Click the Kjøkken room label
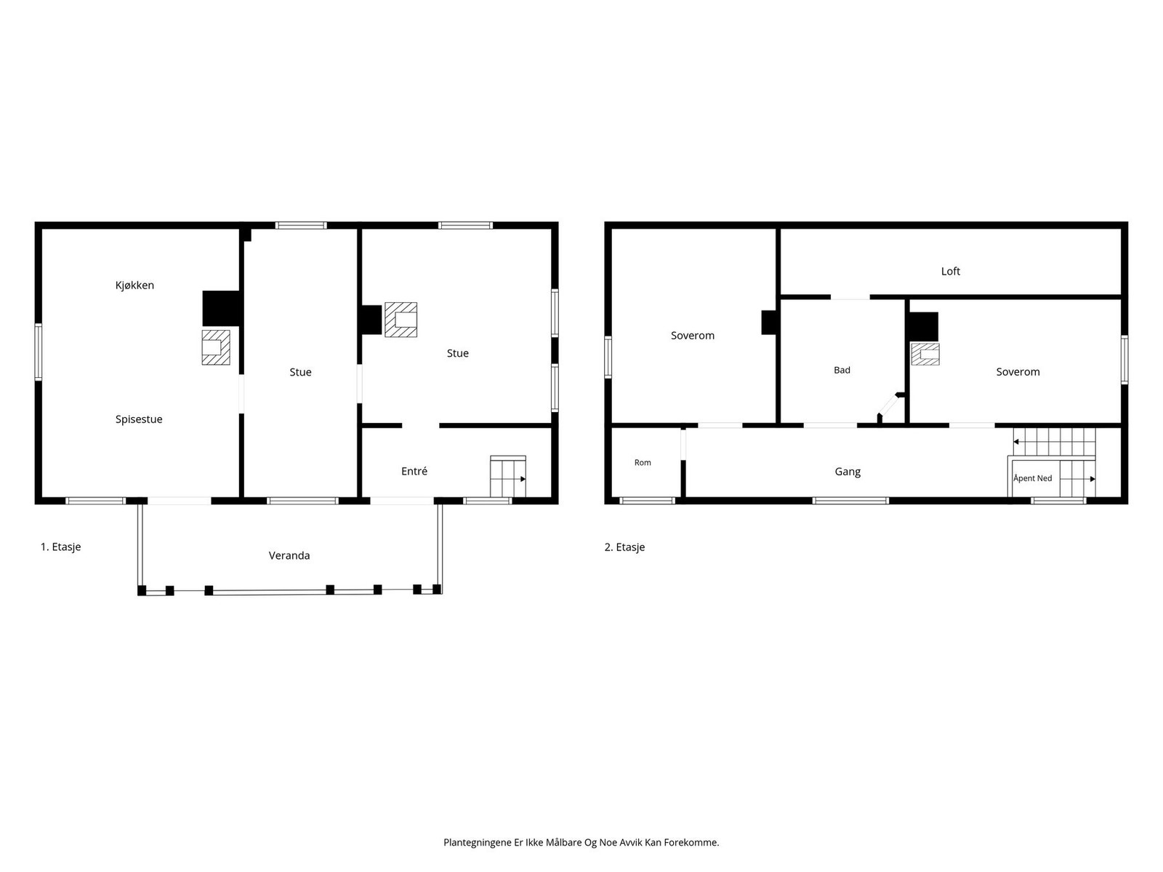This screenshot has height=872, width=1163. (134, 286)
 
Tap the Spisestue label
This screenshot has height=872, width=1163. (139, 419)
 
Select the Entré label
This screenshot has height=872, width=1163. (414, 471)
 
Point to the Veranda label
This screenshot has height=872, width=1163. (289, 555)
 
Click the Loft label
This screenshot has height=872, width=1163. (950, 272)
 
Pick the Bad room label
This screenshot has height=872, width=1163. (842, 370)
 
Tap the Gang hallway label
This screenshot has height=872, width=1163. (848, 472)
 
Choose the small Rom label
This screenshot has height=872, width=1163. (642, 463)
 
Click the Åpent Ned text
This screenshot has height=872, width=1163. (1032, 478)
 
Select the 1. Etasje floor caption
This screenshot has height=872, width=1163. (60, 547)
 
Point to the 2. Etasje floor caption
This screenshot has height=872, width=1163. (624, 547)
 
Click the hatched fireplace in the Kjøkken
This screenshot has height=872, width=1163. (216, 347)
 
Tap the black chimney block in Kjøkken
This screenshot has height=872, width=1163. (222, 308)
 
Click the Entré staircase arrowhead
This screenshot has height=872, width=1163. (523, 479)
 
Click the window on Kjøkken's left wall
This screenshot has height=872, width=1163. (38, 352)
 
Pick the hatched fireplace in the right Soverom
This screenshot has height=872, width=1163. (925, 354)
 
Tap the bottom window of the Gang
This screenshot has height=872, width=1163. (850, 501)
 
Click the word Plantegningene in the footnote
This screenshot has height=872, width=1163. (477, 842)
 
